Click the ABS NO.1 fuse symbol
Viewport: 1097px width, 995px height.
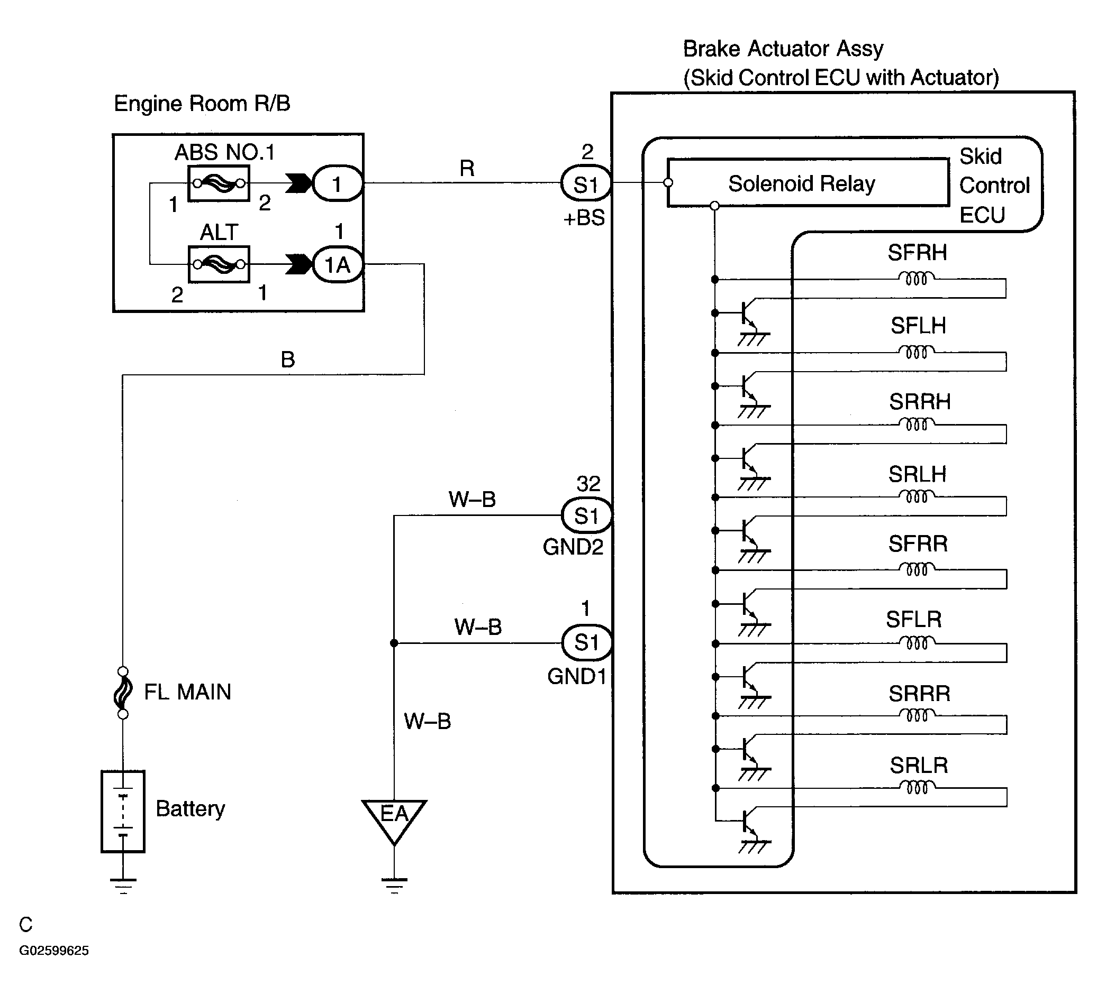point(219,184)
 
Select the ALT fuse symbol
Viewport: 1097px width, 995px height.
point(219,265)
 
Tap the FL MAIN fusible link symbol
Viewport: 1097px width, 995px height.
point(123,692)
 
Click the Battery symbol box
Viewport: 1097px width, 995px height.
point(123,811)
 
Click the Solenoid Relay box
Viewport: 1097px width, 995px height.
point(808,183)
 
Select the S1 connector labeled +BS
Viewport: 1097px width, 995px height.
point(586,184)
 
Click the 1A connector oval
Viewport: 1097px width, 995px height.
point(338,265)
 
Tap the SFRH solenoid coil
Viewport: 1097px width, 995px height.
point(917,279)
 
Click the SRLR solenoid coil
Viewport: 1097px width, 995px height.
point(918,787)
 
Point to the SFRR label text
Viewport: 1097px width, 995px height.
point(918,543)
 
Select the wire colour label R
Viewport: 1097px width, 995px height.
point(467,169)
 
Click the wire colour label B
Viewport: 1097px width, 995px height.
point(288,360)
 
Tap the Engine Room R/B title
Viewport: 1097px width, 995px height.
point(202,103)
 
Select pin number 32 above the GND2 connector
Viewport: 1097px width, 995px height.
point(588,483)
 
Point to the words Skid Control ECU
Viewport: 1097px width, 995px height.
point(995,186)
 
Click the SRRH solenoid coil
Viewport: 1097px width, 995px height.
point(917,425)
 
